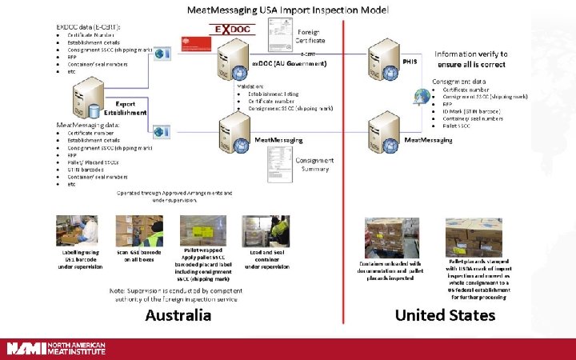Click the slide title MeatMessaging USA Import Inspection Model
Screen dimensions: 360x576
288,10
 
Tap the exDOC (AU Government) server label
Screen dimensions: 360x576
289,62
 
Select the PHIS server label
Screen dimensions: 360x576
410,61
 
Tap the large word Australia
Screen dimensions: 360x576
178,314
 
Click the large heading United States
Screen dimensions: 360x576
445,314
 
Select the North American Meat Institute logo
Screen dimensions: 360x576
56,349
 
